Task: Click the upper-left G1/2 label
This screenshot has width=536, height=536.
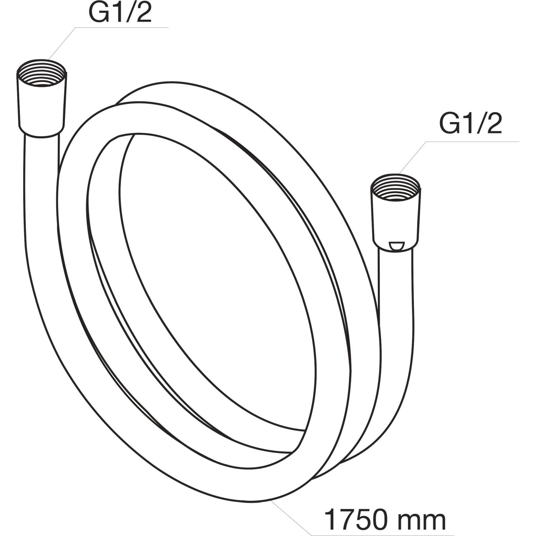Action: click(120, 12)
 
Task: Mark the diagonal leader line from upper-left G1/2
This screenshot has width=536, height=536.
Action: click(62, 43)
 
